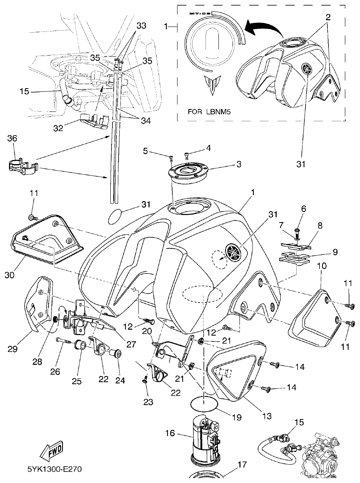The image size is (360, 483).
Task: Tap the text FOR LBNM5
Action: pos(209,111)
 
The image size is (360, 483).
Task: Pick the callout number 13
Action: pos(266,416)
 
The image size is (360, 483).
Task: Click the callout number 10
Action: pos(321,266)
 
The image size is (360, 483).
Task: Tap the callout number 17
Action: pos(242,464)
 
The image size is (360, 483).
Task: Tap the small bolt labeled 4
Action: pos(186,154)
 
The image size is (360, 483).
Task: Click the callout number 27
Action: pos(131,344)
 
